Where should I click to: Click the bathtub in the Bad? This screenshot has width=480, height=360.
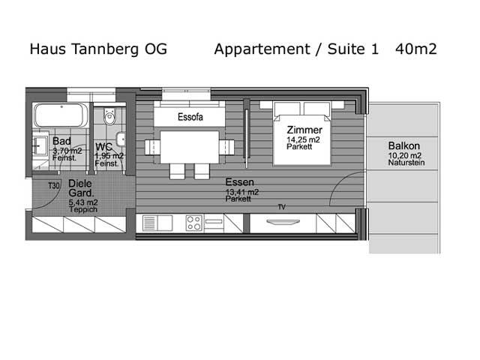point(61,115)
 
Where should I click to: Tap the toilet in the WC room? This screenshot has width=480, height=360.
point(109,116)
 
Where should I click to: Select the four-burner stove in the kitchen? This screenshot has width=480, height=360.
point(194,223)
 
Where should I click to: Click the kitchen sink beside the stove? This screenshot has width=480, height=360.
point(157,223)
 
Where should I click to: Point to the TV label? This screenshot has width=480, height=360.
point(282,207)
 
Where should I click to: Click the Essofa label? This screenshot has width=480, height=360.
point(190,117)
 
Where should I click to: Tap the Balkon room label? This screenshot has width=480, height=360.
point(403,145)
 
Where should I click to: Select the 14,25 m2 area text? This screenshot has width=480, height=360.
point(303,140)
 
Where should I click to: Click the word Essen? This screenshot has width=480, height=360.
point(240,182)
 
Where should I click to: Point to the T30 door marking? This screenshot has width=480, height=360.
point(54,185)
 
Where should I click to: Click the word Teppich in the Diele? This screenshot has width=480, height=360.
point(83,210)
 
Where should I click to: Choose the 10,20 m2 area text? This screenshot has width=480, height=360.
point(405,155)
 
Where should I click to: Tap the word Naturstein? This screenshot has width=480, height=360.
point(406,163)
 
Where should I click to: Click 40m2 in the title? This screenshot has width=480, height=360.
point(415,49)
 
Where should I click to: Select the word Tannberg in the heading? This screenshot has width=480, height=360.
point(105,49)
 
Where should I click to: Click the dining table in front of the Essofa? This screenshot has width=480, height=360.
point(190,147)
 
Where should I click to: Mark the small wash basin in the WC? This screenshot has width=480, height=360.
point(121,139)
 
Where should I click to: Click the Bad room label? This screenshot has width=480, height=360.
point(61,141)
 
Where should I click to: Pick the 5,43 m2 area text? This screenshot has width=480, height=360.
point(83,202)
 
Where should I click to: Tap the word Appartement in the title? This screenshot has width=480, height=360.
point(262,49)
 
